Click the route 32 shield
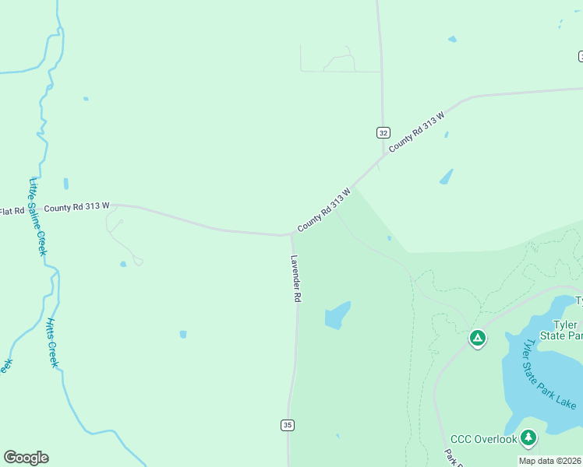coord(383,132)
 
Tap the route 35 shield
coord(288,424)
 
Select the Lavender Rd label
coord(296,278)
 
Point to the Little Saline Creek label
coord(37,217)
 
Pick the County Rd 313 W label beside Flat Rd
coord(76,209)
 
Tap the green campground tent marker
coord(477,338)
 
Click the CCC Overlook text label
coord(483,440)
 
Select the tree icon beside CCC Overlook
coord(529,438)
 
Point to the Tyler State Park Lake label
coord(549,374)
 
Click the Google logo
coord(26,458)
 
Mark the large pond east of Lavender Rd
coord(337,315)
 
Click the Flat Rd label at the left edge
coord(11,211)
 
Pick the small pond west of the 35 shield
coord(183,334)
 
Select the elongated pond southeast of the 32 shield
coord(446,177)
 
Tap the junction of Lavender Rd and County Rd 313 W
coord(291,233)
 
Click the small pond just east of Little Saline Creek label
coord(65,184)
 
